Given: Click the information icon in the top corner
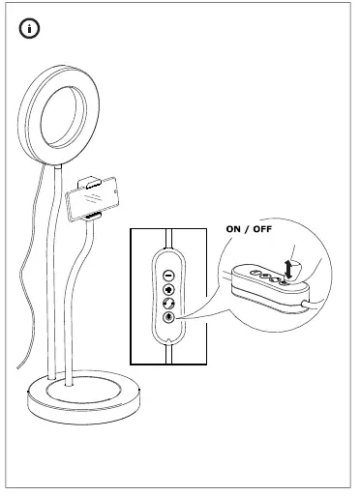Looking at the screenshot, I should tap(31, 30).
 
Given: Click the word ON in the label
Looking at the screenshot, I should tap(236, 229).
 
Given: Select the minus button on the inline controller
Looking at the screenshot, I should tap(168, 274).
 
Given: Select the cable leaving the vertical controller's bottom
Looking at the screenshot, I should tap(168, 352).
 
